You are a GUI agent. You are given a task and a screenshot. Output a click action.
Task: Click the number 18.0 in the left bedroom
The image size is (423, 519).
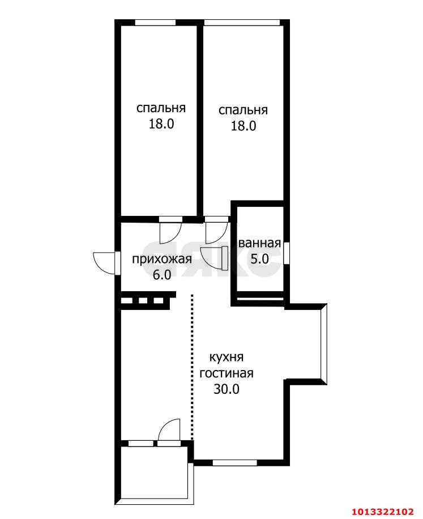[x=161, y=124]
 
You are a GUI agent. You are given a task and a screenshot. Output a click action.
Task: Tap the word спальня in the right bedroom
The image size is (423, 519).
[x=243, y=110]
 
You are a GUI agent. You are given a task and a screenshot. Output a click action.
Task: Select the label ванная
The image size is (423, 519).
[x=259, y=244]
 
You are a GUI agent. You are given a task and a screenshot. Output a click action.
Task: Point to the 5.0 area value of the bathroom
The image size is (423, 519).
[x=259, y=259]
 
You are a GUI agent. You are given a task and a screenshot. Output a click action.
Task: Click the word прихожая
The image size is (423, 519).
[x=161, y=259]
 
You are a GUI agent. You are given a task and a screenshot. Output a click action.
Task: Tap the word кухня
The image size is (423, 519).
[x=226, y=358]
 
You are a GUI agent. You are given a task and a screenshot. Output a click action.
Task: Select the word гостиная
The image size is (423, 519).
[x=226, y=373]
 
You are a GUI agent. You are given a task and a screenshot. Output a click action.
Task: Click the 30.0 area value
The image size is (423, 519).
[x=226, y=389]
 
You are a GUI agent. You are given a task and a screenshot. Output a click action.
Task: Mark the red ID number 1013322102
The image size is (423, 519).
[x=382, y=512]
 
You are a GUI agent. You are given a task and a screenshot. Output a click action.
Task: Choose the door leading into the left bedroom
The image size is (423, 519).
[x=169, y=229]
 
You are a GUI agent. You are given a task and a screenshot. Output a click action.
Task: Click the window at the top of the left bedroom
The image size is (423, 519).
[x=155, y=23]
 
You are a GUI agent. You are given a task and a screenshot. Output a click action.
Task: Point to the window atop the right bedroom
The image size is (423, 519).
[x=242, y=23]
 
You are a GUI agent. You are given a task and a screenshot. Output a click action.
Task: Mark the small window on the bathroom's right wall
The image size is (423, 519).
[x=287, y=253]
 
